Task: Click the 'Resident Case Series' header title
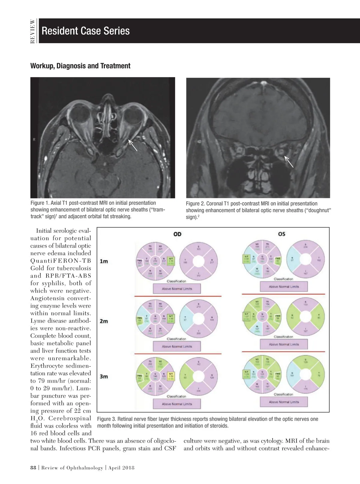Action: point(85,31)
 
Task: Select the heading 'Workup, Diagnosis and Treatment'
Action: point(80,66)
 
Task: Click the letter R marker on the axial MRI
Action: point(34,140)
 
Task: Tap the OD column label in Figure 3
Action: point(177,234)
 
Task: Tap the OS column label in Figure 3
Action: point(281,234)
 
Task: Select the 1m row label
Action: point(104,261)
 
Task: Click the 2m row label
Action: point(104,321)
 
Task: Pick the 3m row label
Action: point(104,376)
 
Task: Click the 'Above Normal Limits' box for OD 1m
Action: point(177,289)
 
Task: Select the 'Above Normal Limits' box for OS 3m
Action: point(284,402)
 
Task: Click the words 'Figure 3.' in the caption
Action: point(106,419)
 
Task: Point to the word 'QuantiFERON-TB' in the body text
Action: point(61,261)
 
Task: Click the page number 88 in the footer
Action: point(33,468)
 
